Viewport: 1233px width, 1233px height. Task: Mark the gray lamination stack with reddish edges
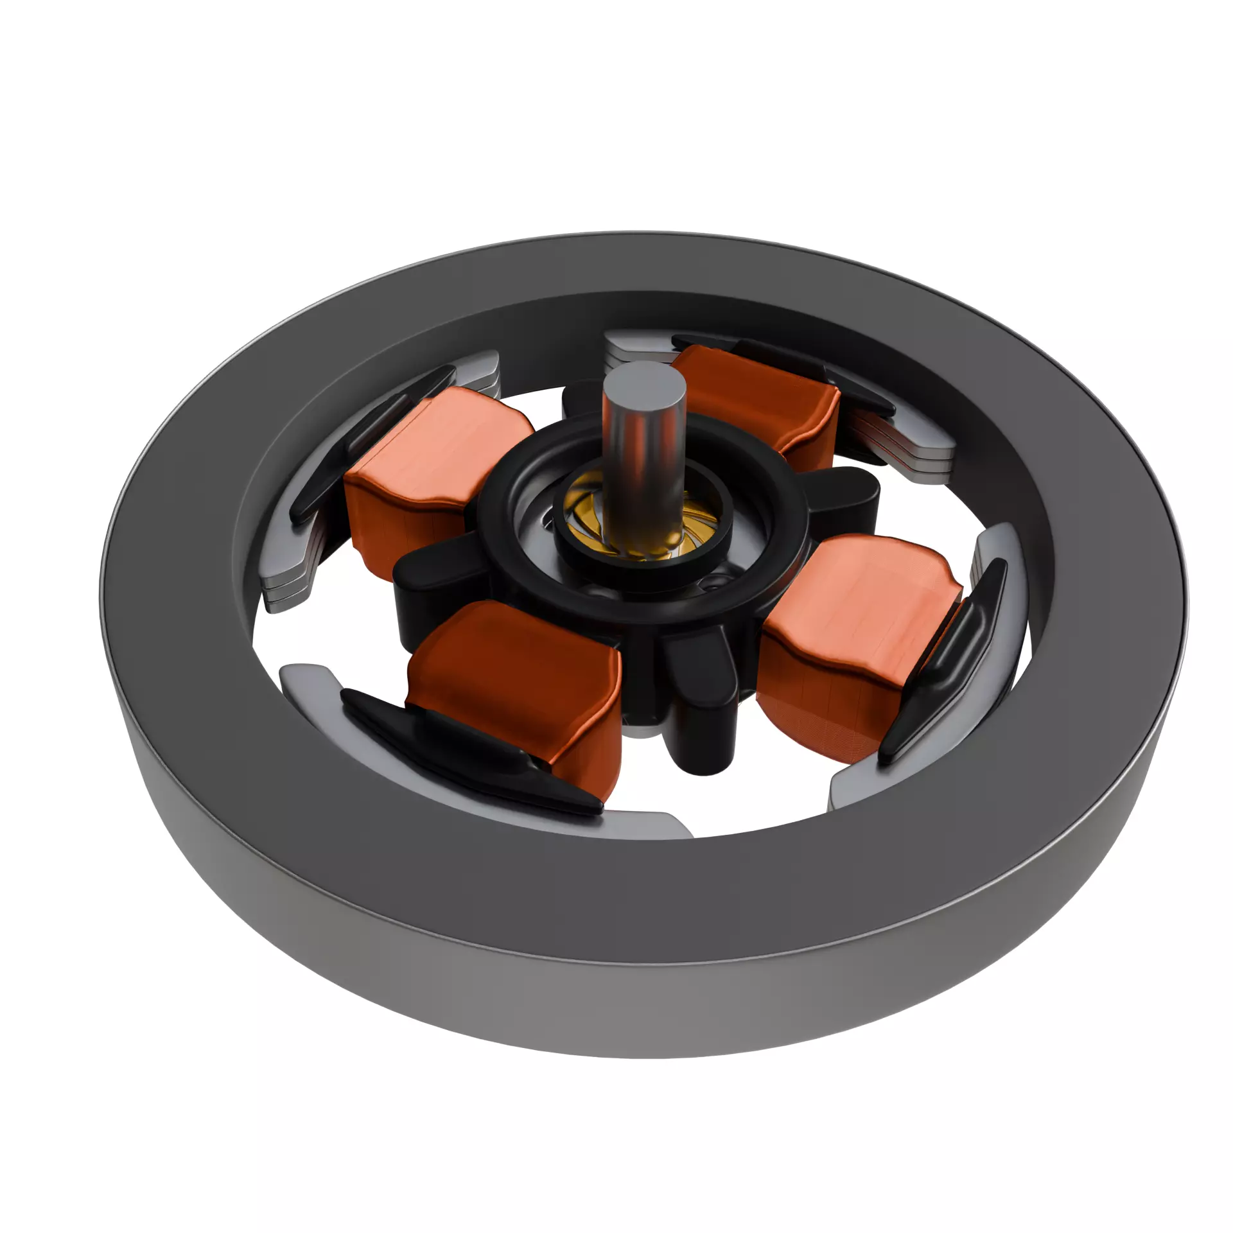tap(899, 443)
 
